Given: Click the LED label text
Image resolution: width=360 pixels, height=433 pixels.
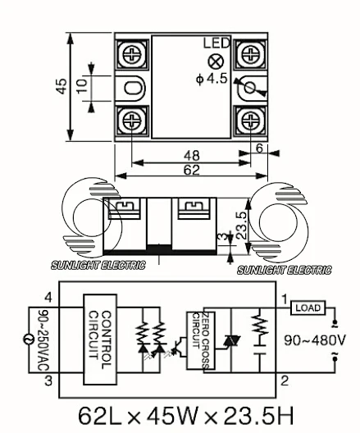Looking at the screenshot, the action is pos(216,43).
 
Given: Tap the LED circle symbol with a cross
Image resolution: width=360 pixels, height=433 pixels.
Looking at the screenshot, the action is pos(216,62).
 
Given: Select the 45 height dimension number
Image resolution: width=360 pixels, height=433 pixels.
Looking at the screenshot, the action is pos(62,87).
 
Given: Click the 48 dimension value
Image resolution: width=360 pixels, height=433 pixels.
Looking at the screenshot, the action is pos(191,156).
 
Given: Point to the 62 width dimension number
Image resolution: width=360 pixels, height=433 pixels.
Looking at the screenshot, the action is pos(191,170).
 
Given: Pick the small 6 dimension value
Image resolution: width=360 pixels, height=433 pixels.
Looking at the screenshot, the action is pos(259,148).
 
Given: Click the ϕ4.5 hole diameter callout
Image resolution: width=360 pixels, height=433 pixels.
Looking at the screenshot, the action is pos(212,80).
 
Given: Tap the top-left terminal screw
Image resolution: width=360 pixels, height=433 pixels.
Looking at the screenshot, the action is pos(132,54).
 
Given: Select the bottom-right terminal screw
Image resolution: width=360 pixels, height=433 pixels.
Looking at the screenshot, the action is pos(251,121).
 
